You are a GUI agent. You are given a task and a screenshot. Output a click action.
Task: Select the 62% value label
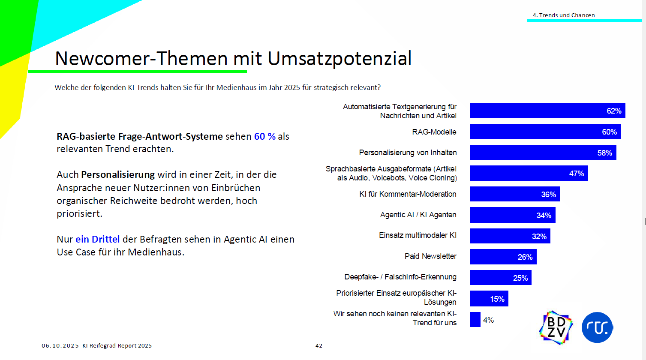(x=614, y=111)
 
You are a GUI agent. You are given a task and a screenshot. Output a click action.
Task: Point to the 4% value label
(x=488, y=320)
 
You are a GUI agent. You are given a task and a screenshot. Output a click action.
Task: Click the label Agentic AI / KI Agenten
(x=418, y=215)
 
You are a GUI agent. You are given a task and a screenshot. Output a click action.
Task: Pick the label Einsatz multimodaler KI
(x=418, y=235)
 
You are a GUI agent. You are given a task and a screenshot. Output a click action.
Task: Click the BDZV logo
(x=556, y=327)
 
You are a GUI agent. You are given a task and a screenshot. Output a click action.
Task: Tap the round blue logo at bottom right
(x=597, y=327)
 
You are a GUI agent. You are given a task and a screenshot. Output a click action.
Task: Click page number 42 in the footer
(x=318, y=345)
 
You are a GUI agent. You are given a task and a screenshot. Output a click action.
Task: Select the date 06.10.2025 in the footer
(x=60, y=345)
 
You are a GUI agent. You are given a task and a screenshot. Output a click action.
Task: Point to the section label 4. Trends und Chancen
(x=563, y=15)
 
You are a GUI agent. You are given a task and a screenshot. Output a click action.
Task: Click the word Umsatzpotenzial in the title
(x=340, y=59)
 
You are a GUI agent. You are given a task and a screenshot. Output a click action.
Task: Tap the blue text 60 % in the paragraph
(x=264, y=136)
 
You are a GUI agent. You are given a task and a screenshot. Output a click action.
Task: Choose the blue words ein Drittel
(x=97, y=239)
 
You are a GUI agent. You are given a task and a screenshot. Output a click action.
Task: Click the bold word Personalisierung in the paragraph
(x=118, y=174)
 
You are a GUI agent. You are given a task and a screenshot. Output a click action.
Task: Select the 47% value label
(x=576, y=174)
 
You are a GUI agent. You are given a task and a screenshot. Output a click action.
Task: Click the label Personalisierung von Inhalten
(x=408, y=153)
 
